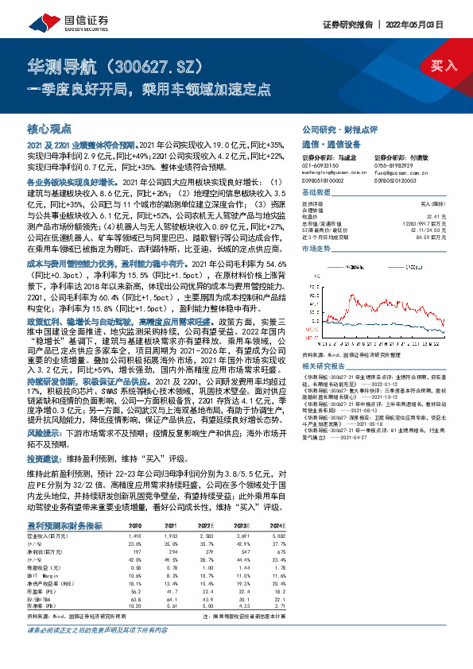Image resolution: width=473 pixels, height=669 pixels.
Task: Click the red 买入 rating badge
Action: coord(443,64)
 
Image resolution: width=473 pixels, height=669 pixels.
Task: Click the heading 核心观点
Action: coord(49,128)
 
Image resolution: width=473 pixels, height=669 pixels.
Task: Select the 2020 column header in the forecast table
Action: coord(135,525)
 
